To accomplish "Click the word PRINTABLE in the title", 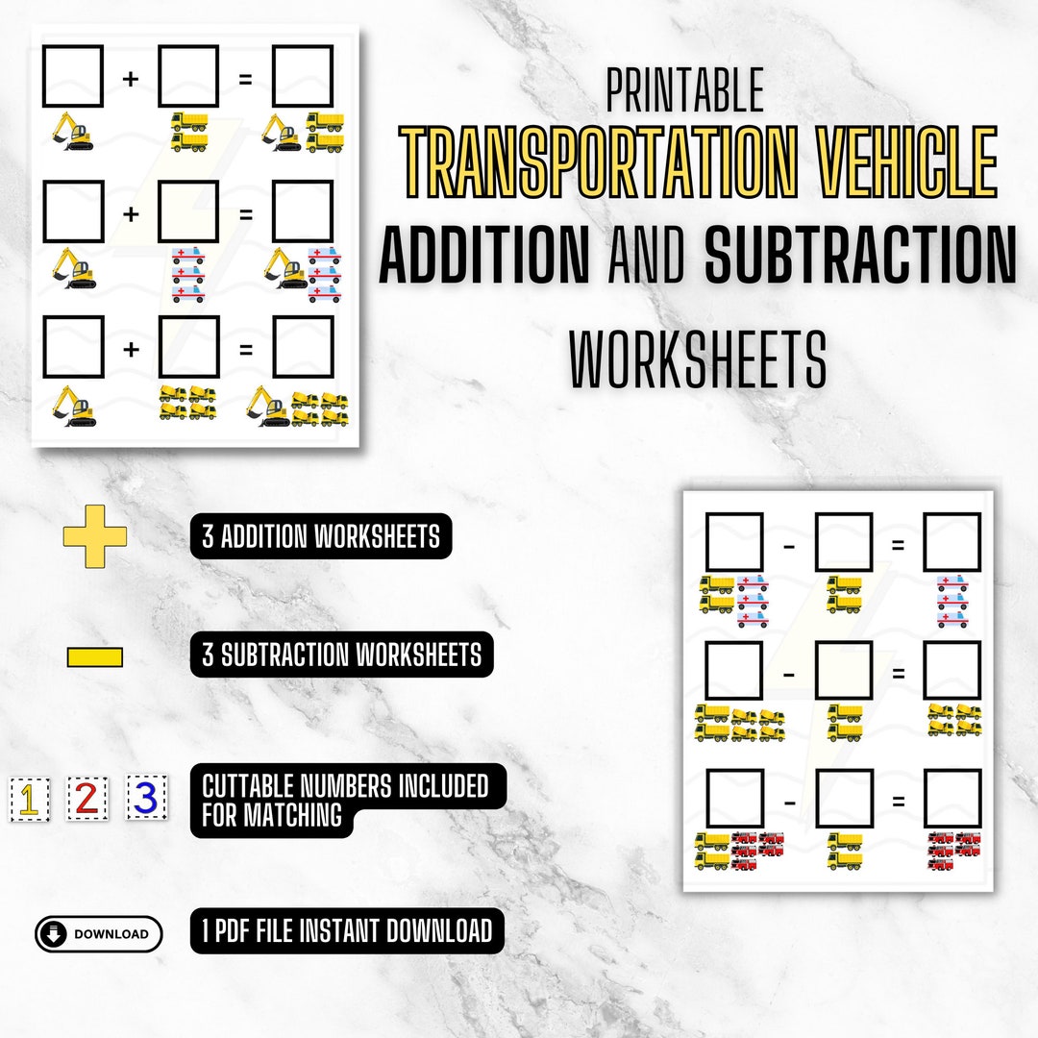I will point(684,90).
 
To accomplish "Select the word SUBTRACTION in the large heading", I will point(859,254).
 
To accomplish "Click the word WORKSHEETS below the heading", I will point(698,358).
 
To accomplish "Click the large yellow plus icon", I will point(95,536).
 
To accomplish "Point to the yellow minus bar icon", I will point(95,657).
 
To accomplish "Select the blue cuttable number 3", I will point(146,797).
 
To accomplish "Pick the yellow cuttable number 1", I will point(29,799).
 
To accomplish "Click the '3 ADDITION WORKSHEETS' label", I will point(321,536).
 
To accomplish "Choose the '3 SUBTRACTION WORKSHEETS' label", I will point(341,655).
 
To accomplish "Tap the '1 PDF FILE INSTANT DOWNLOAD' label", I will point(346,930).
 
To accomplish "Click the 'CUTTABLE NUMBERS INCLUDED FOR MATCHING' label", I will point(346,801).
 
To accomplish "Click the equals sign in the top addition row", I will point(245,78).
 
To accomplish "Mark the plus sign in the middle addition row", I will point(131,211).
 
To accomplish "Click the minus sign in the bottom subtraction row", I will point(789,800).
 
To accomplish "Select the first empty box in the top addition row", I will point(73,76).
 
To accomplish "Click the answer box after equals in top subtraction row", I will point(951,542).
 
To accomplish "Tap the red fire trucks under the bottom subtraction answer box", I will point(953,851).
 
